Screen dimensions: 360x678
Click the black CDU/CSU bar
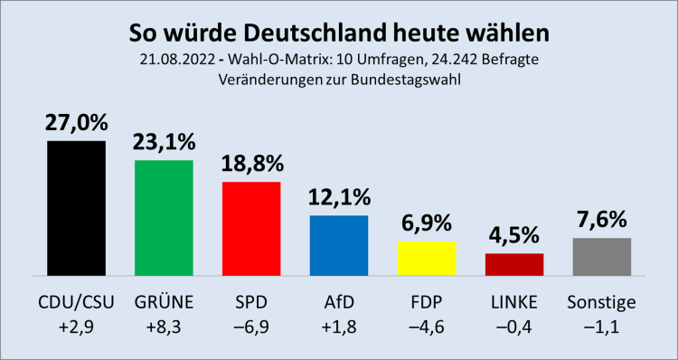click(77, 208)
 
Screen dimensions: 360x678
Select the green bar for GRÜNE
click(164, 217)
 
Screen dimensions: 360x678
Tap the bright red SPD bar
click(251, 228)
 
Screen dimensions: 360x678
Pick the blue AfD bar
click(339, 245)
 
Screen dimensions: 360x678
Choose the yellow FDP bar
click(427, 258)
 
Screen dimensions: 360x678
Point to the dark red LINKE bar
click(513, 264)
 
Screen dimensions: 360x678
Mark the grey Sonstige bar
click(601, 257)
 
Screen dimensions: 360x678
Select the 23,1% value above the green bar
click(164, 143)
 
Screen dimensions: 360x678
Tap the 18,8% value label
click(251, 165)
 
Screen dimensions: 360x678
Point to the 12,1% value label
click(339, 198)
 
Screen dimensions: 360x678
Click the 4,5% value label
click(513, 236)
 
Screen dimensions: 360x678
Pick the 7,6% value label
click(601, 221)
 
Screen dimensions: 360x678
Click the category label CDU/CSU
click(77, 301)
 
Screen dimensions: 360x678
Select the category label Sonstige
click(601, 301)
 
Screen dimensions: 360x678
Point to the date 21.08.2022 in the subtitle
click(176, 60)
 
